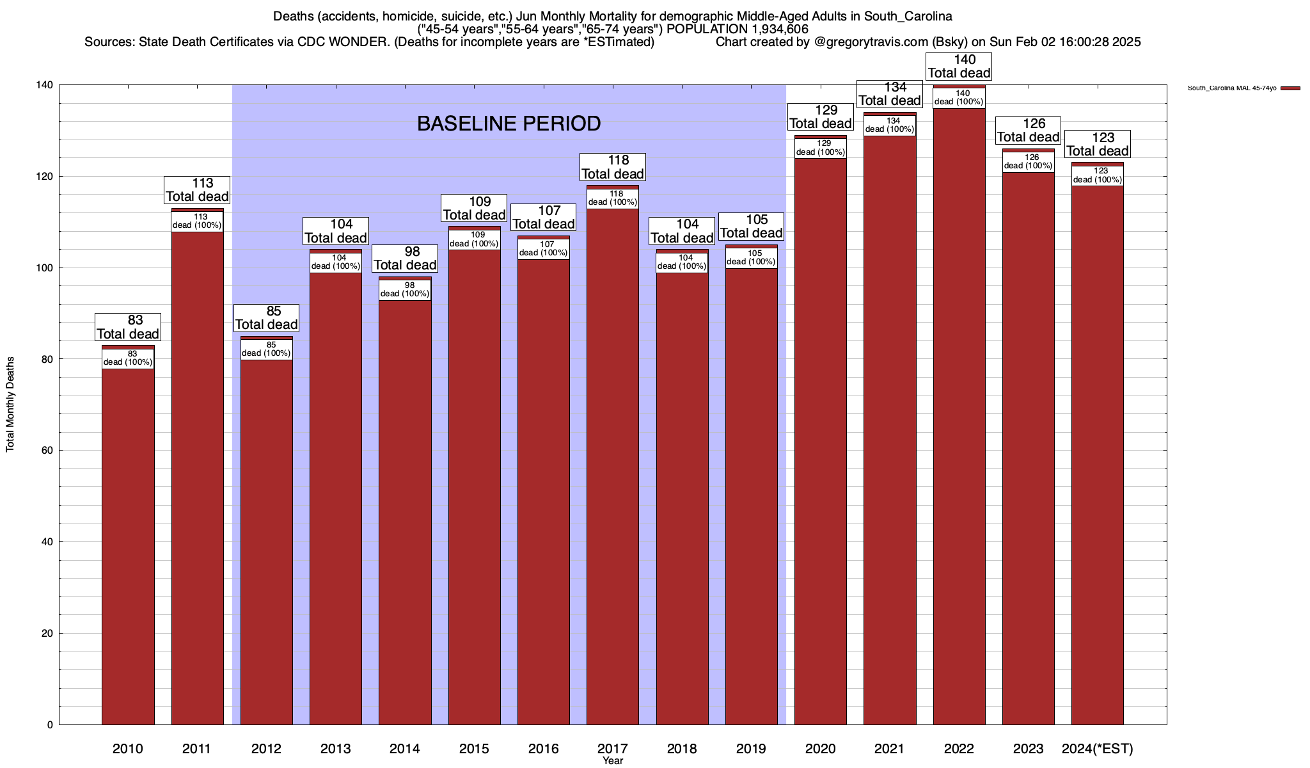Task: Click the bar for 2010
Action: click(128, 544)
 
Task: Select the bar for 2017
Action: click(613, 467)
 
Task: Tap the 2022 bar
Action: click(959, 416)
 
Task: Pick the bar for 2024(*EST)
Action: click(1098, 454)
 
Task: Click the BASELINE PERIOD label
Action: click(509, 124)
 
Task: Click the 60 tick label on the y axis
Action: click(48, 451)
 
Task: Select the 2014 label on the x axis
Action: click(405, 749)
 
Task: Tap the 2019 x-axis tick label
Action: click(752, 749)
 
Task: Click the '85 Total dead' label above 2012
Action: click(266, 318)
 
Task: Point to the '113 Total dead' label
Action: click(197, 190)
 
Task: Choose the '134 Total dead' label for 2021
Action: click(890, 94)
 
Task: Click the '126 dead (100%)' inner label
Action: click(1028, 162)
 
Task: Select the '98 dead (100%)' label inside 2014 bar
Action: click(405, 290)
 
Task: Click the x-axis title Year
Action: click(612, 761)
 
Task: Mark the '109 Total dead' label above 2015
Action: click(475, 209)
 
